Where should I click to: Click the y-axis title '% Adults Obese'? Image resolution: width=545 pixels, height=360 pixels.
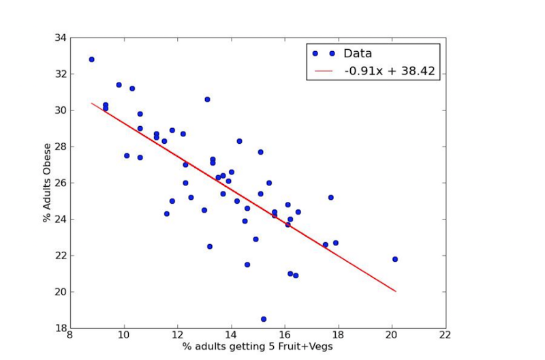pyautogui.click(x=47, y=182)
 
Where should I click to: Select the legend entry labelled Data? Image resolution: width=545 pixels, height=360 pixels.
pyautogui.click(x=357, y=53)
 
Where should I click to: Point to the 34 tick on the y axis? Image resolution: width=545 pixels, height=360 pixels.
pyautogui.click(x=59, y=37)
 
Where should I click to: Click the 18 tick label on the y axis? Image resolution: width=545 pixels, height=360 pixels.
pyautogui.click(x=59, y=328)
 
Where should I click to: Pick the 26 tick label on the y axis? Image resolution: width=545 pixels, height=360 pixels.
pyautogui.click(x=59, y=183)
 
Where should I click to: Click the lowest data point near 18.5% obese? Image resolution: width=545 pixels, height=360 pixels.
pyautogui.click(x=264, y=319)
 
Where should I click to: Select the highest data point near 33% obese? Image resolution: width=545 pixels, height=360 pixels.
pyautogui.click(x=91, y=59)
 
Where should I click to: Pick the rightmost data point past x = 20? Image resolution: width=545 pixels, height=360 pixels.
pyautogui.click(x=395, y=259)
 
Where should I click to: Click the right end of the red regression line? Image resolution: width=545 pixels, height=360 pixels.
pyautogui.click(x=395, y=291)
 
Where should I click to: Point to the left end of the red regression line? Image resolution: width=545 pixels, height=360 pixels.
pyautogui.click(x=91, y=103)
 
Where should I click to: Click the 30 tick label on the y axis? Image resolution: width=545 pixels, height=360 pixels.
pyautogui.click(x=59, y=110)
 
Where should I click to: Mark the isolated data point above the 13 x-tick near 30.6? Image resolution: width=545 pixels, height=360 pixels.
pyautogui.click(x=207, y=99)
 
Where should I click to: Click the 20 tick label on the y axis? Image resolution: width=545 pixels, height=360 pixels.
pyautogui.click(x=59, y=292)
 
